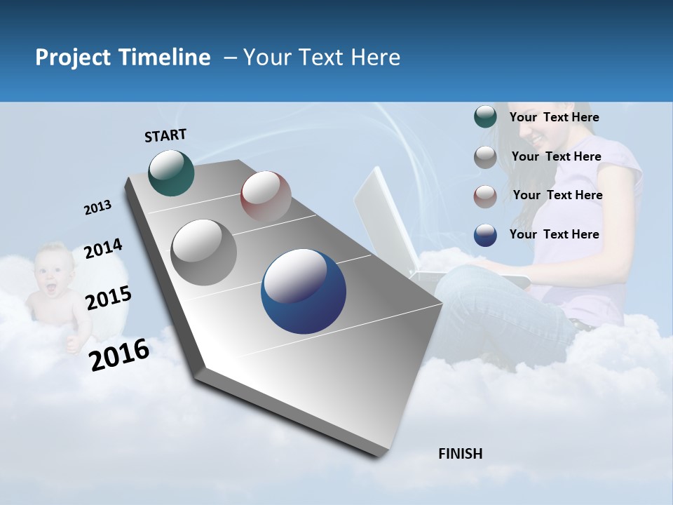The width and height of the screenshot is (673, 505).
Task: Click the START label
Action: (x=165, y=135)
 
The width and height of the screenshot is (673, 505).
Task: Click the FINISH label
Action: (x=460, y=454)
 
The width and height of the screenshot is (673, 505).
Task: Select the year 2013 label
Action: (x=97, y=208)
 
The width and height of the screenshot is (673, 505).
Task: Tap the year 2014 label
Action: (x=103, y=249)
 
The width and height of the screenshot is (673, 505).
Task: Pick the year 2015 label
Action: (x=109, y=298)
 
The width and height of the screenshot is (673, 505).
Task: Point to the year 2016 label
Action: (x=119, y=354)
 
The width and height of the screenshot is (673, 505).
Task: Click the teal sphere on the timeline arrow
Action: (x=171, y=173)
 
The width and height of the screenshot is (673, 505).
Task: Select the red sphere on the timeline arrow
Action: (x=266, y=196)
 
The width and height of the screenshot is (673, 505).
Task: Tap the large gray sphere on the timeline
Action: (x=203, y=252)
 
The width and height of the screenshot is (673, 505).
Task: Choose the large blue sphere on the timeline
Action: (x=303, y=292)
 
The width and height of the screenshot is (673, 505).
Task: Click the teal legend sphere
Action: (x=485, y=117)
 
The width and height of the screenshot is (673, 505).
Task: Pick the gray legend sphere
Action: (x=485, y=157)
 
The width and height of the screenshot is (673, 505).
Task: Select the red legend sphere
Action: (x=485, y=196)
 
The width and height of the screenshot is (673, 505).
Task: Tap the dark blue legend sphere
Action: (x=485, y=235)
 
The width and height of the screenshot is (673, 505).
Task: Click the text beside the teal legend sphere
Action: (x=554, y=118)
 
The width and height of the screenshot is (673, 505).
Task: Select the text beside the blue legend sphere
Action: (x=554, y=234)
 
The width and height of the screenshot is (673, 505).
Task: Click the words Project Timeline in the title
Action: (x=123, y=58)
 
